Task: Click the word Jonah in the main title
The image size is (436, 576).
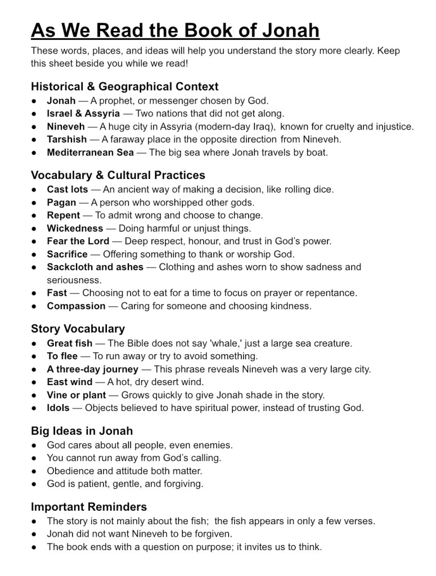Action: [284, 29]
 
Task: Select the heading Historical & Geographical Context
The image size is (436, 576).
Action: [124, 87]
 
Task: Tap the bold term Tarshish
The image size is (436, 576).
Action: [67, 139]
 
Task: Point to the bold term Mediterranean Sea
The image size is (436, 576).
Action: [90, 152]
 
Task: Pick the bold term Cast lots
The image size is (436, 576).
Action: [68, 190]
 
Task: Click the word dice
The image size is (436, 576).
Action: [322, 190]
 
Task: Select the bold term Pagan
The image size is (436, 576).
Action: [61, 203]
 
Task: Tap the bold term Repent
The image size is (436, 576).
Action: [64, 215]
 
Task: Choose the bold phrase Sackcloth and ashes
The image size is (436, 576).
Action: [95, 267]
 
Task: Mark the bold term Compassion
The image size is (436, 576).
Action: [76, 306]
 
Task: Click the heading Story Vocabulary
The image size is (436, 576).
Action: [78, 329]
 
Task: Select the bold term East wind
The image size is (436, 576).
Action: [70, 382]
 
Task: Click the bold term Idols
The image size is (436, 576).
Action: [59, 408]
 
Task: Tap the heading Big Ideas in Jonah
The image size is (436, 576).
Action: [82, 431]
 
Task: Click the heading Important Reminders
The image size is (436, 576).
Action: [89, 507]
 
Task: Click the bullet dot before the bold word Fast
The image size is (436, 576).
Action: [35, 293]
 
